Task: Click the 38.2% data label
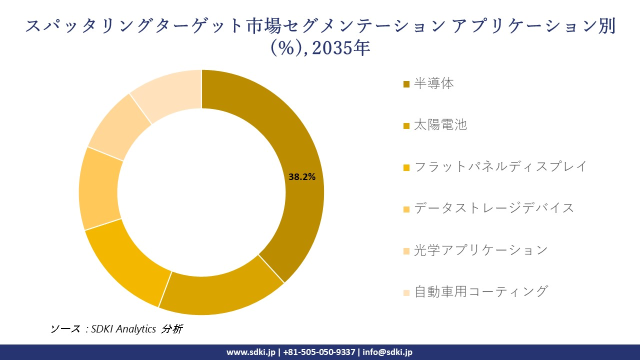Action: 302,176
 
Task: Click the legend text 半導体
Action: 433,83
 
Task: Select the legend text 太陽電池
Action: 440,125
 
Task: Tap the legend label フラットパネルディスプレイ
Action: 500,166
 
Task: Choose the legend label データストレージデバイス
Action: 494,208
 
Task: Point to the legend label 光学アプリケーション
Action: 480,250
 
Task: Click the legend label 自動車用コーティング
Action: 480,291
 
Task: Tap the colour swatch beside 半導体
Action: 406,84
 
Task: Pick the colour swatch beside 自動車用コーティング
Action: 406,292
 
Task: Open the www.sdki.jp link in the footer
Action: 251,352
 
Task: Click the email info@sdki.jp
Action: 387,352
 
